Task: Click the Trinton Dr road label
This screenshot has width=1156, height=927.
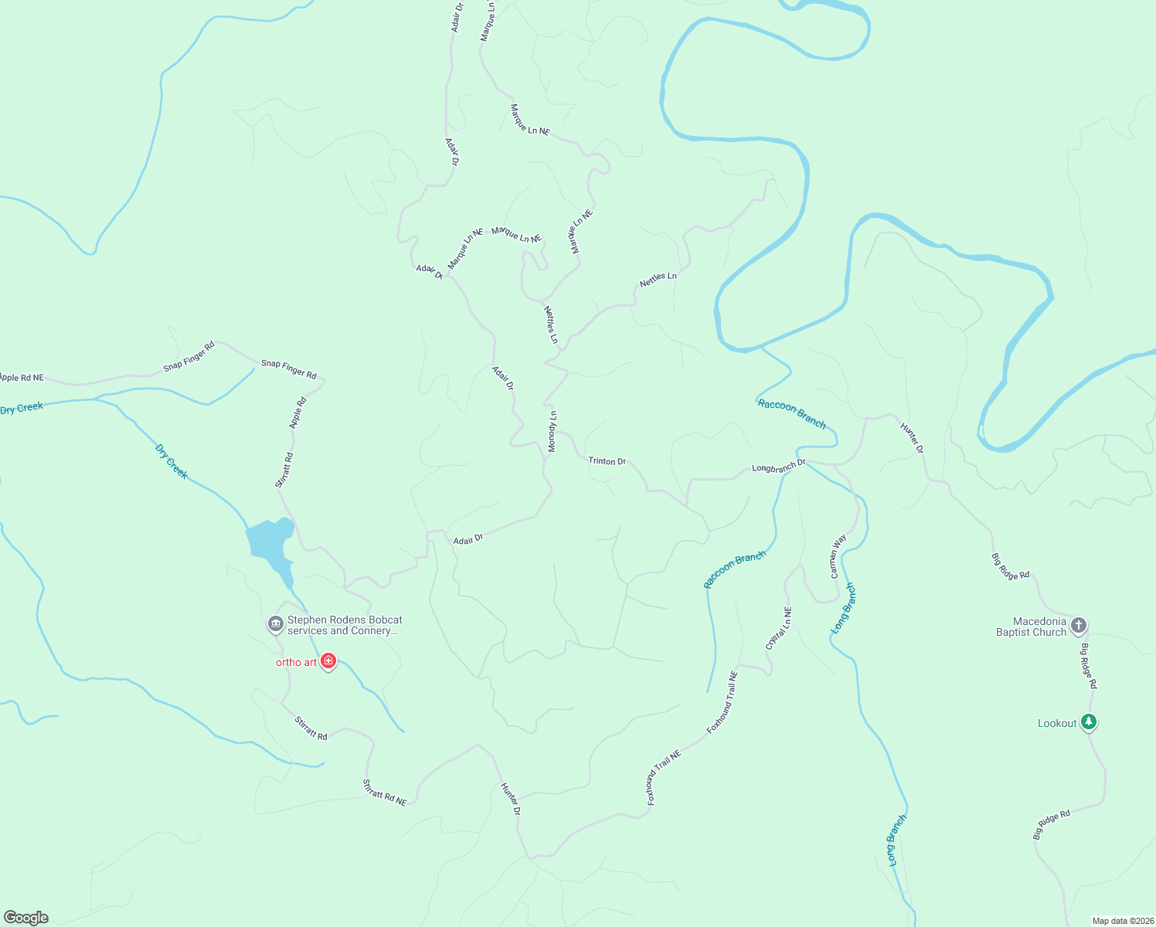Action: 607,461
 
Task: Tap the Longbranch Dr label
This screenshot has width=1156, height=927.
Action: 778,467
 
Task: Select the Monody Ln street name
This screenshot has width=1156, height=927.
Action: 552,432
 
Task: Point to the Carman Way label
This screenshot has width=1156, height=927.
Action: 838,556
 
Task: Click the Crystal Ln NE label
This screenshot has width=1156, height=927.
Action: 778,628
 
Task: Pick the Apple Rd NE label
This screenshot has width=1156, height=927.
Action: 22,378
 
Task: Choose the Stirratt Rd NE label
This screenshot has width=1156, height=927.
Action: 384,793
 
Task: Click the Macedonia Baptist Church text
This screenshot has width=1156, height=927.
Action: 1031,626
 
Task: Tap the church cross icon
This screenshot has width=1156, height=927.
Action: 1079,626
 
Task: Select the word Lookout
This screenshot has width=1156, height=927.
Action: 1056,723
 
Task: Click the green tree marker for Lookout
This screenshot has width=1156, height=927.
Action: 1089,722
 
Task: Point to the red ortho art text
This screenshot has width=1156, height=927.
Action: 297,662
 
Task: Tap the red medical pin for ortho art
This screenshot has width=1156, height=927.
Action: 328,661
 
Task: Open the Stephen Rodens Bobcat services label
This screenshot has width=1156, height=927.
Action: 345,625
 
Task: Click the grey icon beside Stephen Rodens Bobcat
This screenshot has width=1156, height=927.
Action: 275,624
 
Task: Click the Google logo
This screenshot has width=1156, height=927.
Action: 26,918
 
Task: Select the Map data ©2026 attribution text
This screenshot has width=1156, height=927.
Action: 1122,921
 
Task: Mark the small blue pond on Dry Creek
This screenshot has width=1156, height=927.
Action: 270,541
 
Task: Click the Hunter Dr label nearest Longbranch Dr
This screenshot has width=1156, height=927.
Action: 912,438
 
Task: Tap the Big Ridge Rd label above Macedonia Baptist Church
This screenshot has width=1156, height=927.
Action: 1010,566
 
